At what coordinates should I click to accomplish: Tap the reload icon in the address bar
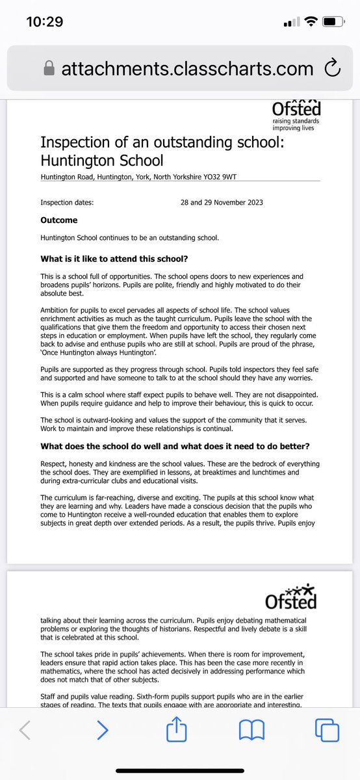click(x=331, y=68)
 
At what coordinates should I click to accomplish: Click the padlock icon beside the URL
click(x=48, y=68)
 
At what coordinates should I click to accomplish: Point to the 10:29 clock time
click(x=44, y=22)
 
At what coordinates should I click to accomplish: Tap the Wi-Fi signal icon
click(x=311, y=22)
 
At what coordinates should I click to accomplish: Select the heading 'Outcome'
click(x=58, y=220)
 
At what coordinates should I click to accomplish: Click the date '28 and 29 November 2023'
click(x=222, y=202)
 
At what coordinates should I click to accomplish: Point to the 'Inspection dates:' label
click(x=67, y=202)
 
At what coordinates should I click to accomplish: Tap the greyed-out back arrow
click(x=25, y=731)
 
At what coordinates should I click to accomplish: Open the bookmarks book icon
click(x=251, y=731)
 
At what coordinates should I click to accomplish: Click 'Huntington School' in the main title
click(x=102, y=160)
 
